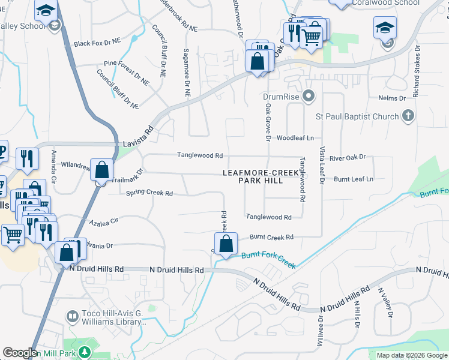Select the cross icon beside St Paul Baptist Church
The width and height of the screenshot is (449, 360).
(408, 115)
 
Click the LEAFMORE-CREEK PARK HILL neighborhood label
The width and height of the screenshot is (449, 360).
(261, 176)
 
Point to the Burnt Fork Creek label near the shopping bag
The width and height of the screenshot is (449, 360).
(268, 260)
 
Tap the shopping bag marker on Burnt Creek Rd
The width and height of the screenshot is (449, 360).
(226, 244)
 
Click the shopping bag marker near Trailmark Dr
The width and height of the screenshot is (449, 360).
(101, 170)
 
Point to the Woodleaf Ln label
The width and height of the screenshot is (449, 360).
(295, 138)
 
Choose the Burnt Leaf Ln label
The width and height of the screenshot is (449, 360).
(354, 179)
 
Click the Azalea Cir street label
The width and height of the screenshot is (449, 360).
(104, 223)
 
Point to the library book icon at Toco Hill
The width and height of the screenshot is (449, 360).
(72, 316)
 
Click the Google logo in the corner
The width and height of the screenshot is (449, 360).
(20, 353)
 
